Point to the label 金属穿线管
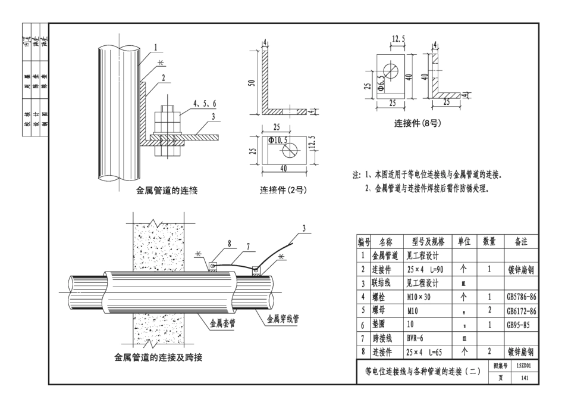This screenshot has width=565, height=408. pos(282,318)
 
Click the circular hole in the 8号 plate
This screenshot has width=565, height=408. pos(393,70)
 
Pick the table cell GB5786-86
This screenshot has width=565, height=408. pos(522,297)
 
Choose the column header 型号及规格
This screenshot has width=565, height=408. pos(427,241)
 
